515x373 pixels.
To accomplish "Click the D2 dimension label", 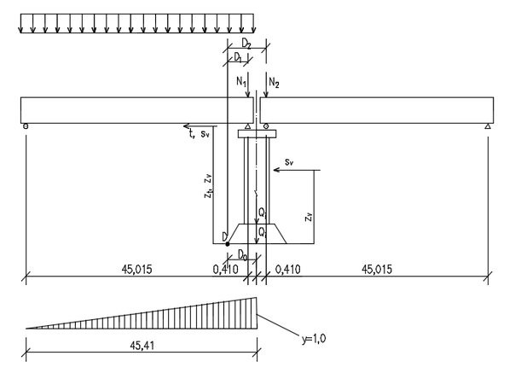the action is coord(246,44).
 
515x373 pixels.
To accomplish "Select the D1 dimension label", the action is coord(238,58).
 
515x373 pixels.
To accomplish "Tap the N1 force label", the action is coord(241,82).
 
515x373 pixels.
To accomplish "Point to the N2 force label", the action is coord(274,82).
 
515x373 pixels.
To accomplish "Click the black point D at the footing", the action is coord(228,244).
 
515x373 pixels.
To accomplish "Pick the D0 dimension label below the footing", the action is coord(242,254).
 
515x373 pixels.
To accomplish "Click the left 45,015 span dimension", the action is coord(137,270).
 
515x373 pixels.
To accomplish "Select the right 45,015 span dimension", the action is coord(377,270).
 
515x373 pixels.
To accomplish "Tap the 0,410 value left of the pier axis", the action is coord(226,270).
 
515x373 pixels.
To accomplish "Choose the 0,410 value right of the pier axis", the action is coord(287,270).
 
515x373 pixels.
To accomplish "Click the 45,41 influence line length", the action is coord(142,346).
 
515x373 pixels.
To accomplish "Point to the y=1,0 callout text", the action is coord(314,339).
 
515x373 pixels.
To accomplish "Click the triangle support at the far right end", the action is coord(488,126).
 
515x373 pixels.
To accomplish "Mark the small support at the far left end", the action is coord(26,126).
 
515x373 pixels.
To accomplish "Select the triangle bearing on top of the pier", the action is coord(248,126).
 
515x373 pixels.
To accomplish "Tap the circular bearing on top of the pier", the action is coord(266,126).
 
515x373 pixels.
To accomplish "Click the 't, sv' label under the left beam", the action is coord(199,133).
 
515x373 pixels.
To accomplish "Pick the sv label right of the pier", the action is coord(289,162).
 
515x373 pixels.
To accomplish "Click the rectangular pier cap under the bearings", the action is coord(257,133).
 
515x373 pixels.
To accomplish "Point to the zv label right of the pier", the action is coord(309,217).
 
